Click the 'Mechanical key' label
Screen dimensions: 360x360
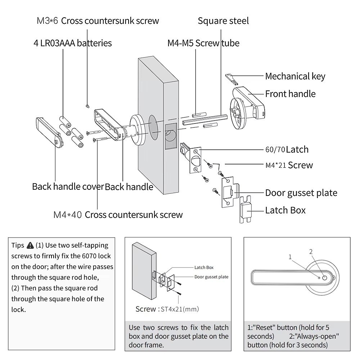click(295, 76)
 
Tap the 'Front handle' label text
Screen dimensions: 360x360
click(290, 94)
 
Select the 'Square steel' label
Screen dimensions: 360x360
click(223, 21)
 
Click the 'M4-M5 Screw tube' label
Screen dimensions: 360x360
click(203, 43)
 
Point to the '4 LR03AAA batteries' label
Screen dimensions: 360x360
click(73, 43)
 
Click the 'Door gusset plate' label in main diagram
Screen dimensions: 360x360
click(301, 193)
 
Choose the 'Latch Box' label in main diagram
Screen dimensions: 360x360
click(285, 210)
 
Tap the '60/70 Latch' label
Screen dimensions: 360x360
click(287, 149)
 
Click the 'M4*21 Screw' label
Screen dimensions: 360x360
click(289, 165)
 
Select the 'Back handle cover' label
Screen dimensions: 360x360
click(68, 186)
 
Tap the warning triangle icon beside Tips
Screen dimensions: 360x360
click(30, 246)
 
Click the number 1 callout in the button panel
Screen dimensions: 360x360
click(290, 257)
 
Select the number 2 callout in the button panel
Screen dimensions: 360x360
click(311, 252)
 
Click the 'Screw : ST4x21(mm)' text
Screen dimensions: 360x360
click(167, 309)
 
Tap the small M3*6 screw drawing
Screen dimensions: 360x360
click(87, 105)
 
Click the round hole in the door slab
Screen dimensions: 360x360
click(153, 128)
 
